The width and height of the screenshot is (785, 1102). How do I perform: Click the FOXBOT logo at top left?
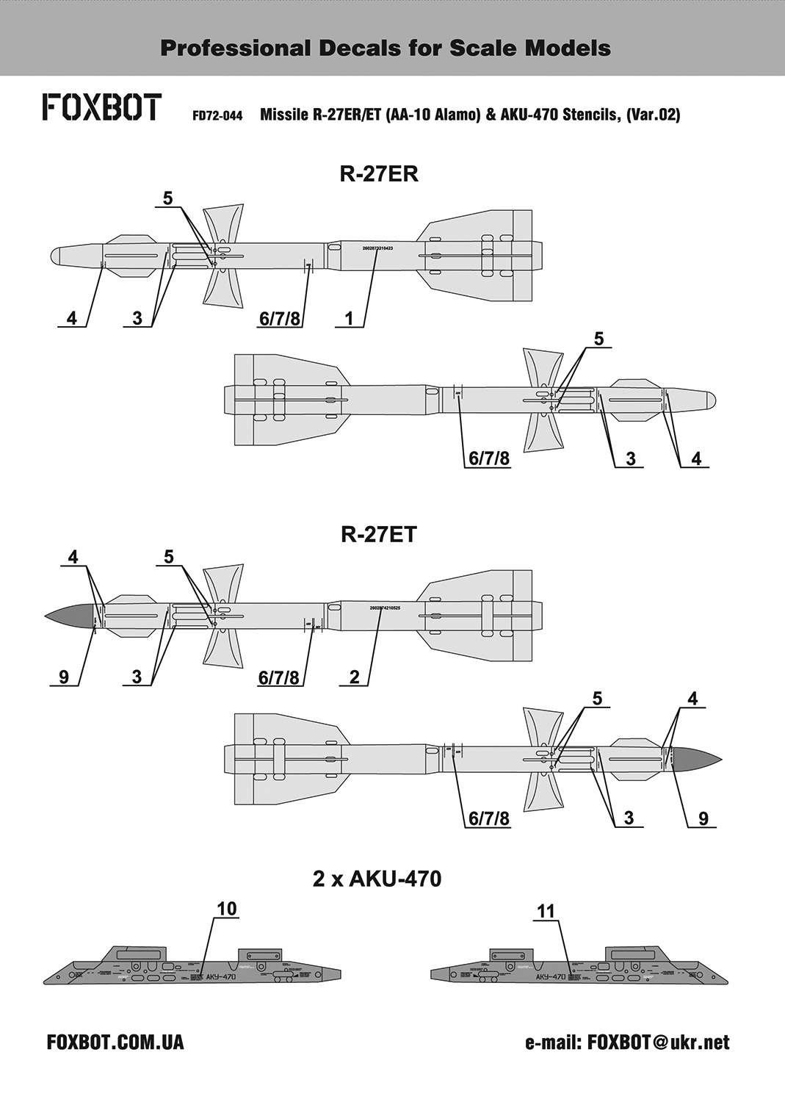pyautogui.click(x=101, y=107)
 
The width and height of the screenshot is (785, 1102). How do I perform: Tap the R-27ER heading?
pyautogui.click(x=378, y=174)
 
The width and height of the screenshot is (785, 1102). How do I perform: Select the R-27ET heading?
pyautogui.click(x=379, y=534)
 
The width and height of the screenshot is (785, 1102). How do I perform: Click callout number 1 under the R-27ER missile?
pyautogui.click(x=350, y=318)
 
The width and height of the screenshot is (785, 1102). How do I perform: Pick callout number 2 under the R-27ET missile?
pyautogui.click(x=355, y=677)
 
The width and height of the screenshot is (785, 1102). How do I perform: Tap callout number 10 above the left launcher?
pyautogui.click(x=227, y=909)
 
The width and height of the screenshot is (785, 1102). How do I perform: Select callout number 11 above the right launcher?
pyautogui.click(x=546, y=911)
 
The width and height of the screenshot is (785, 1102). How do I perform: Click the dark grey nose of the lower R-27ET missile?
pyautogui.click(x=695, y=758)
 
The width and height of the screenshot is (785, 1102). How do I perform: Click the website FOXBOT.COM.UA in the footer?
pyautogui.click(x=115, y=1042)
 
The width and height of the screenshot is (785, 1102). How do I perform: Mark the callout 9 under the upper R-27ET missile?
pyautogui.click(x=64, y=677)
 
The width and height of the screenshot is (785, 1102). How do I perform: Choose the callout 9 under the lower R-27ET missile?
pyautogui.click(x=703, y=818)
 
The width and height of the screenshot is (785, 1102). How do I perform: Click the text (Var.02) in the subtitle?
pyautogui.click(x=653, y=115)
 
